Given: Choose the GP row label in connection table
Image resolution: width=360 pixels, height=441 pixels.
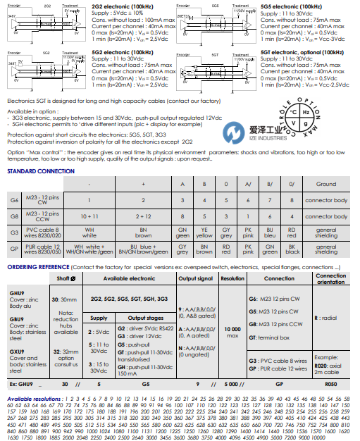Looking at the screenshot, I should [13, 249].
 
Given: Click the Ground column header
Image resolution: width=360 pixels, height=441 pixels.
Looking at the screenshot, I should [325, 185].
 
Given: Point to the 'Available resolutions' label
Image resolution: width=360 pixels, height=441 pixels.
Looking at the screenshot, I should [32, 399].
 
